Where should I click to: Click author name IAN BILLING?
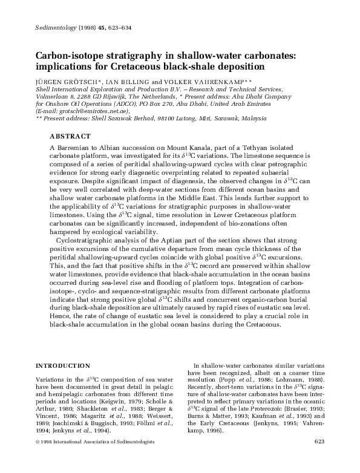(125, 81)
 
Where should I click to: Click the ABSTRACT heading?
(70, 137)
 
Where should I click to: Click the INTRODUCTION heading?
(63, 366)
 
